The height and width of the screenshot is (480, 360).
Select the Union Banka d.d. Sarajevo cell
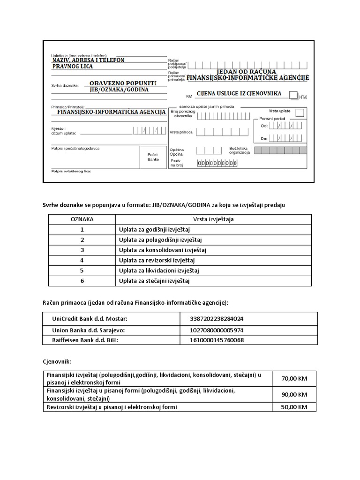click(88, 330)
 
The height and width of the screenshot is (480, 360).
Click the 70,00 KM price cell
click(294, 378)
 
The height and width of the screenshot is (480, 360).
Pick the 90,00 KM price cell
click(294, 394)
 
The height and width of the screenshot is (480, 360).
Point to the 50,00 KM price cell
click(294, 407)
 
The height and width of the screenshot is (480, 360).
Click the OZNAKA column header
click(82, 219)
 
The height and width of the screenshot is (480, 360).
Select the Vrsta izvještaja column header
click(213, 219)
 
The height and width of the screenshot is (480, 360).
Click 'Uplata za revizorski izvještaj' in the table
click(157, 260)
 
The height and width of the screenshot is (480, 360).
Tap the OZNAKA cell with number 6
click(82, 281)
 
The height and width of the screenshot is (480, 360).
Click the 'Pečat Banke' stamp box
click(153, 157)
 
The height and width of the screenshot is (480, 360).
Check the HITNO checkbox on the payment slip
click(293, 95)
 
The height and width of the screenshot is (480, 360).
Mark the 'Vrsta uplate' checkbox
click(300, 112)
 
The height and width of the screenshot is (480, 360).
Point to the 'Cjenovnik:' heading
click(57, 361)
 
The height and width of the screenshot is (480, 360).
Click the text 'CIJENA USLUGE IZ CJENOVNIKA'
click(239, 93)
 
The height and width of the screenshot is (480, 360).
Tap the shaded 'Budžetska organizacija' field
click(280, 150)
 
